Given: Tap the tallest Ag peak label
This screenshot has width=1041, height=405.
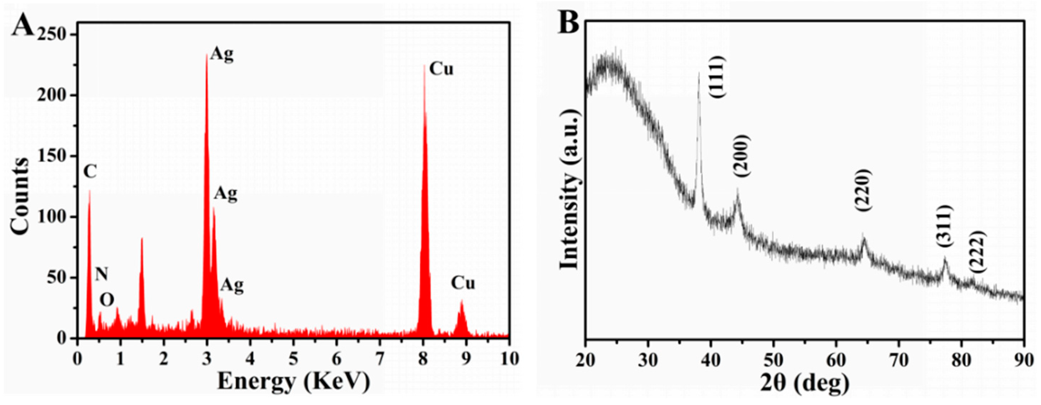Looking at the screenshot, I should (x=222, y=54).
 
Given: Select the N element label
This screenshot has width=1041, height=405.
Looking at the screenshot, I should (x=101, y=275).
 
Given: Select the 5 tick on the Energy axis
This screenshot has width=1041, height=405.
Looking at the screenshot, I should (x=293, y=358).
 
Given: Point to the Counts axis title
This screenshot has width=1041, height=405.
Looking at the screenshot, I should (x=20, y=196).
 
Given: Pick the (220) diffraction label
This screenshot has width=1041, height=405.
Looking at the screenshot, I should (x=863, y=190).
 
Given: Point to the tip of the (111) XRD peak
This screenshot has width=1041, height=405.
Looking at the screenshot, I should (x=699, y=73).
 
